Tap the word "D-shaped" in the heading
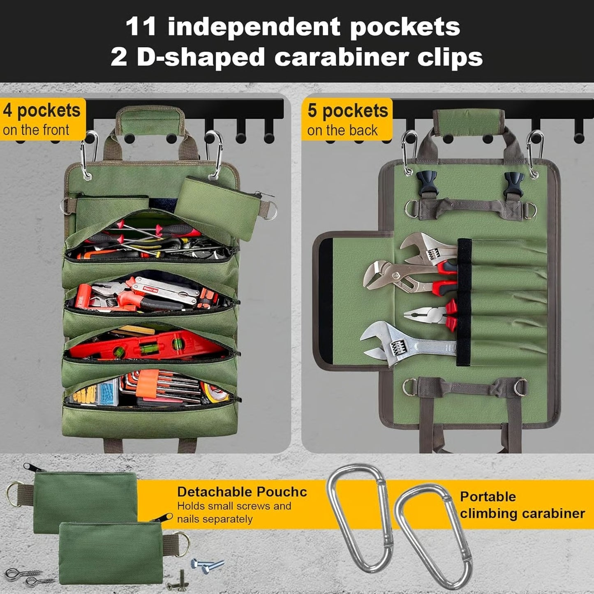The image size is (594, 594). [x=201, y=57]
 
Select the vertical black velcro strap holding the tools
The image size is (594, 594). [x=464, y=302]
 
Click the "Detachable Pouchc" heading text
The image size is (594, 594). [x=242, y=492]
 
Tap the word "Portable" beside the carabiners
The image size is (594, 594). [x=488, y=497]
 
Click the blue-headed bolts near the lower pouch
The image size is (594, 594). [x=208, y=566]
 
